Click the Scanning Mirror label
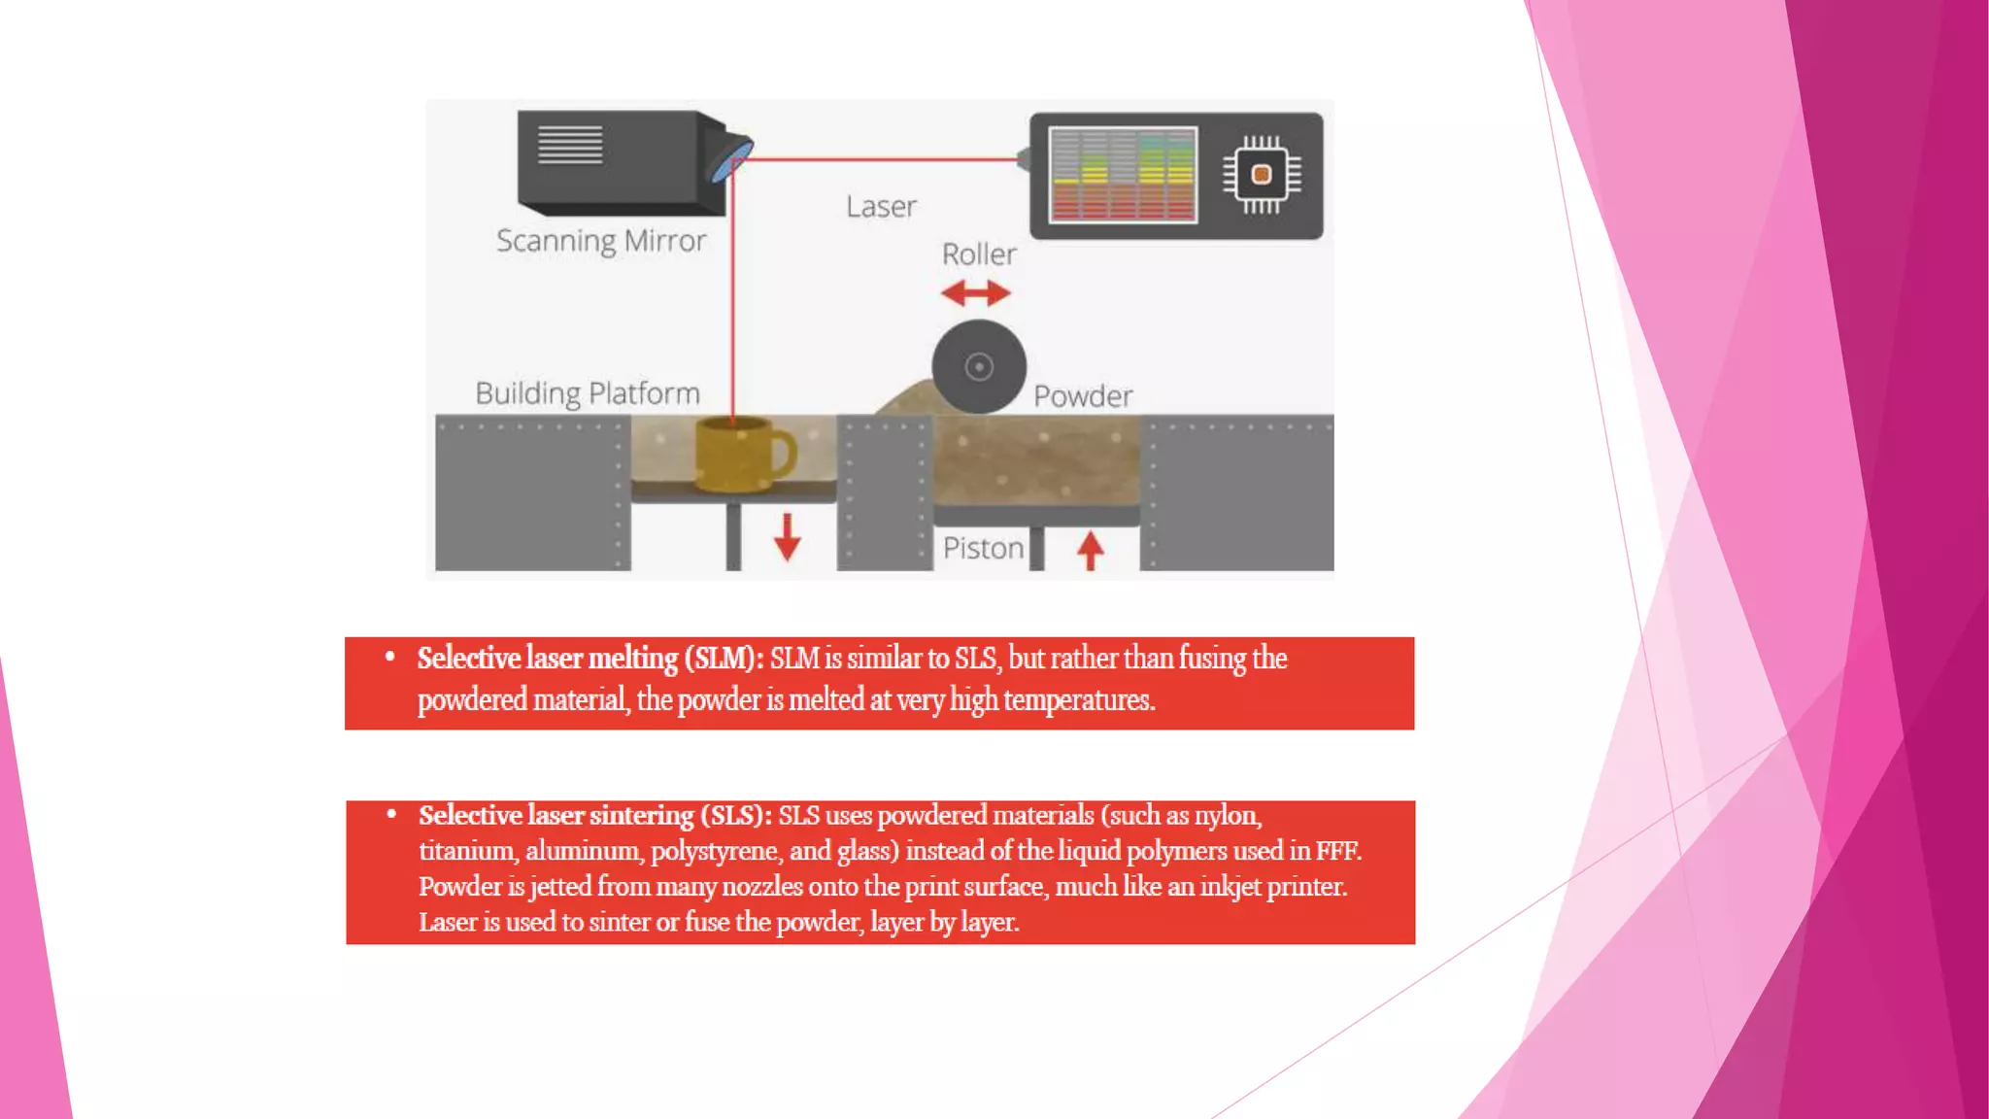600,241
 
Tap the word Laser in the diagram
881,207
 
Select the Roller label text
979,254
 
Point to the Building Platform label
587,393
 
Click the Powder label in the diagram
1082,396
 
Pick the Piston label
983,549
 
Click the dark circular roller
979,366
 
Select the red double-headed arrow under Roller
976,292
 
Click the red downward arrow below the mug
787,537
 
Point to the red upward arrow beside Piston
1090,550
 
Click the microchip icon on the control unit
1261,175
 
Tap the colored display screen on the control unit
1123,176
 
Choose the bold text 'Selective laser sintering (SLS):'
595,815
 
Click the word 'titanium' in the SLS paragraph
467,851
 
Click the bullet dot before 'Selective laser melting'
390,657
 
